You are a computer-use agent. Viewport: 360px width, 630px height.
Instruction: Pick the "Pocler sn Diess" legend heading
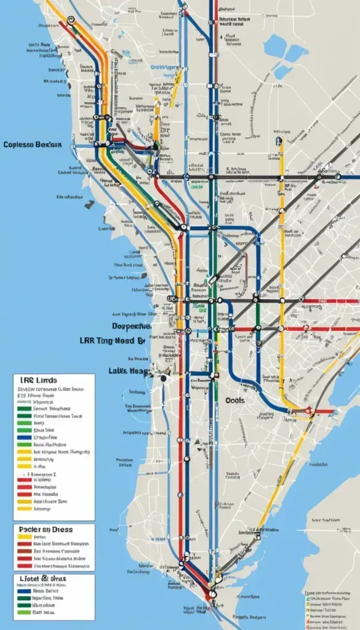click(x=47, y=528)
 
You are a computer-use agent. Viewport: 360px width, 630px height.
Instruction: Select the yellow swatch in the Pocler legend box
click(x=25, y=536)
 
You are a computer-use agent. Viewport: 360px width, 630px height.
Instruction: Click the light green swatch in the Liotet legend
click(x=25, y=604)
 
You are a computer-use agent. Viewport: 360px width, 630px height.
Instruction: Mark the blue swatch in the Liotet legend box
click(x=25, y=589)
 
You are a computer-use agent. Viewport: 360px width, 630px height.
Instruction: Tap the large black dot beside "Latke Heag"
click(x=164, y=379)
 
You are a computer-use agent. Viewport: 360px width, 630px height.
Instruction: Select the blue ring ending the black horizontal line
click(x=338, y=177)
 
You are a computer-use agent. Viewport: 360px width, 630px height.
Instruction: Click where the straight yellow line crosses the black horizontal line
click(x=282, y=177)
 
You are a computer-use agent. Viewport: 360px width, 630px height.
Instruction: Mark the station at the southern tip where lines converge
click(x=212, y=594)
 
